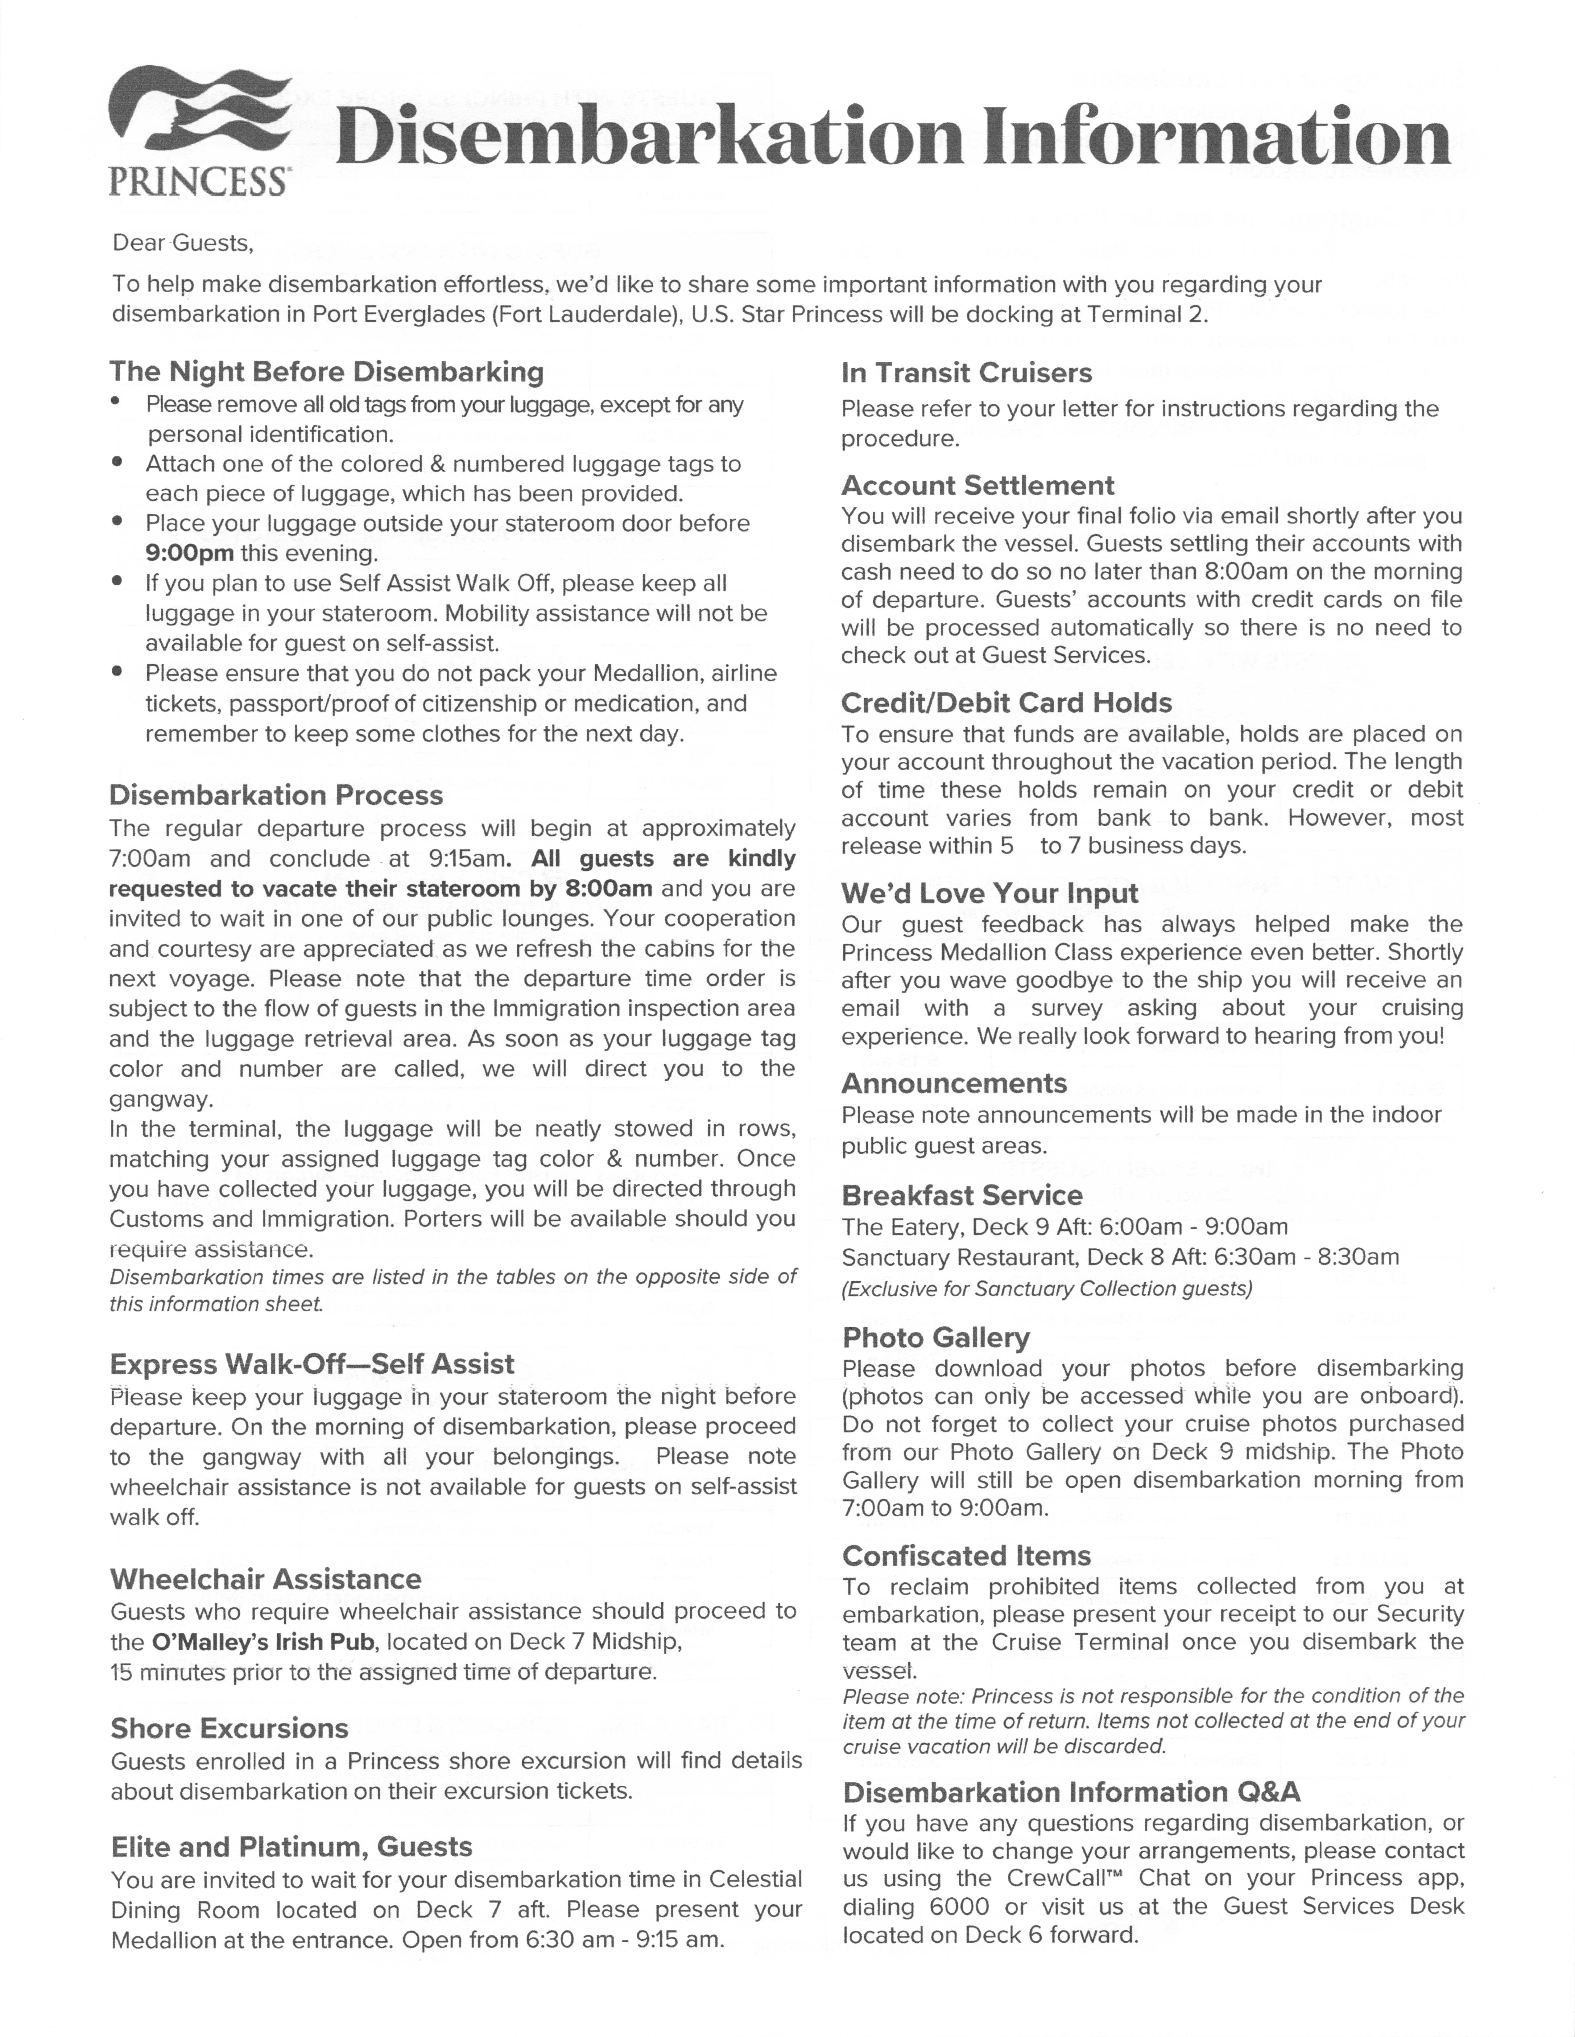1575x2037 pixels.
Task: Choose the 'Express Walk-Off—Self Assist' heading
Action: click(x=312, y=1363)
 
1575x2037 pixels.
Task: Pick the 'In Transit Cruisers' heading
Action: click(x=967, y=373)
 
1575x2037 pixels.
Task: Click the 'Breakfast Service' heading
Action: click(x=962, y=1195)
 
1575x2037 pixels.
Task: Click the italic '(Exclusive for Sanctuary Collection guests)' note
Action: click(x=1047, y=1288)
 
